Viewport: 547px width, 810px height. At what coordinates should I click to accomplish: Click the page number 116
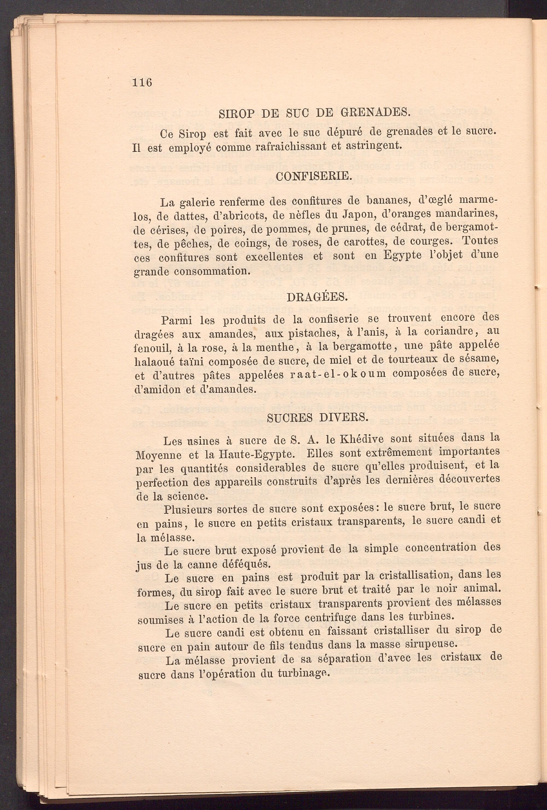coord(142,83)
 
